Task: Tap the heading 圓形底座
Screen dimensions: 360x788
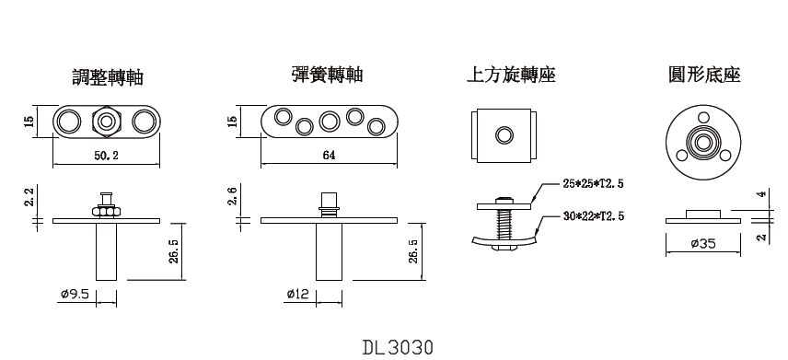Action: [704, 75]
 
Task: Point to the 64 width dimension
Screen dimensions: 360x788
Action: [329, 156]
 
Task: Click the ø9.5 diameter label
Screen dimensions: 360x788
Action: [74, 295]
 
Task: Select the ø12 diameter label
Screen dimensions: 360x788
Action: [299, 295]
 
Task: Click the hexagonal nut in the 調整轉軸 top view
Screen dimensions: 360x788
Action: [105, 122]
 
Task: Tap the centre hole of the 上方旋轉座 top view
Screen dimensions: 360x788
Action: [504, 135]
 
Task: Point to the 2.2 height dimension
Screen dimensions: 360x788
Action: [30, 196]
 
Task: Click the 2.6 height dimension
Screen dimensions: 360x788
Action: [233, 196]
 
